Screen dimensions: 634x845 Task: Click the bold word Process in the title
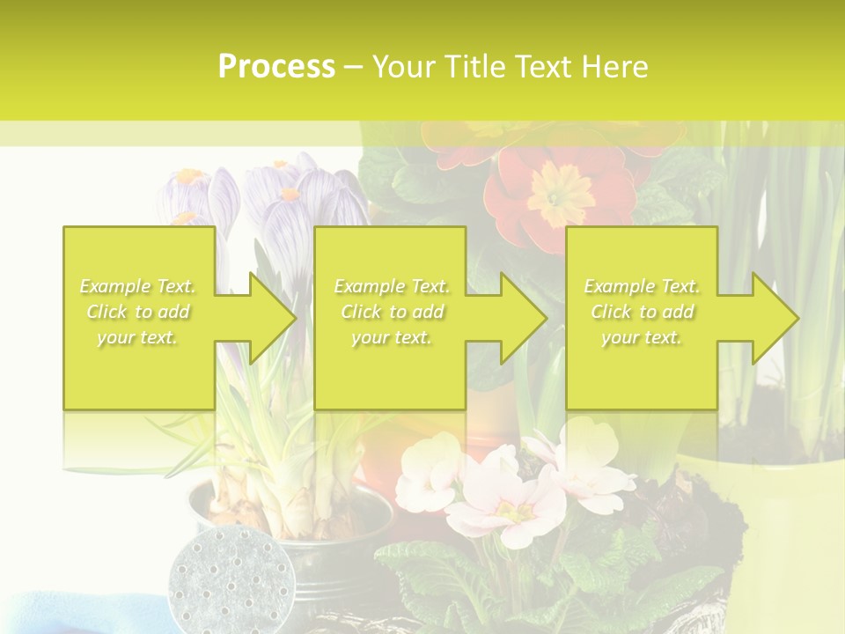(x=276, y=67)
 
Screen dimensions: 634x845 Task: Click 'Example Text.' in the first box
(x=138, y=286)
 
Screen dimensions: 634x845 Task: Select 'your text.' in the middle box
(x=391, y=337)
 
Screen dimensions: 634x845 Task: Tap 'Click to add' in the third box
(x=642, y=312)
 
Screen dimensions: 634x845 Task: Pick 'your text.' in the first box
(x=138, y=337)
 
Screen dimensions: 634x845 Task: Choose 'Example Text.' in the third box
(x=642, y=286)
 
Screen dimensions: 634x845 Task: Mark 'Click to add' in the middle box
(x=391, y=312)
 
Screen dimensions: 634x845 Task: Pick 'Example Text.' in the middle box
(x=391, y=286)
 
